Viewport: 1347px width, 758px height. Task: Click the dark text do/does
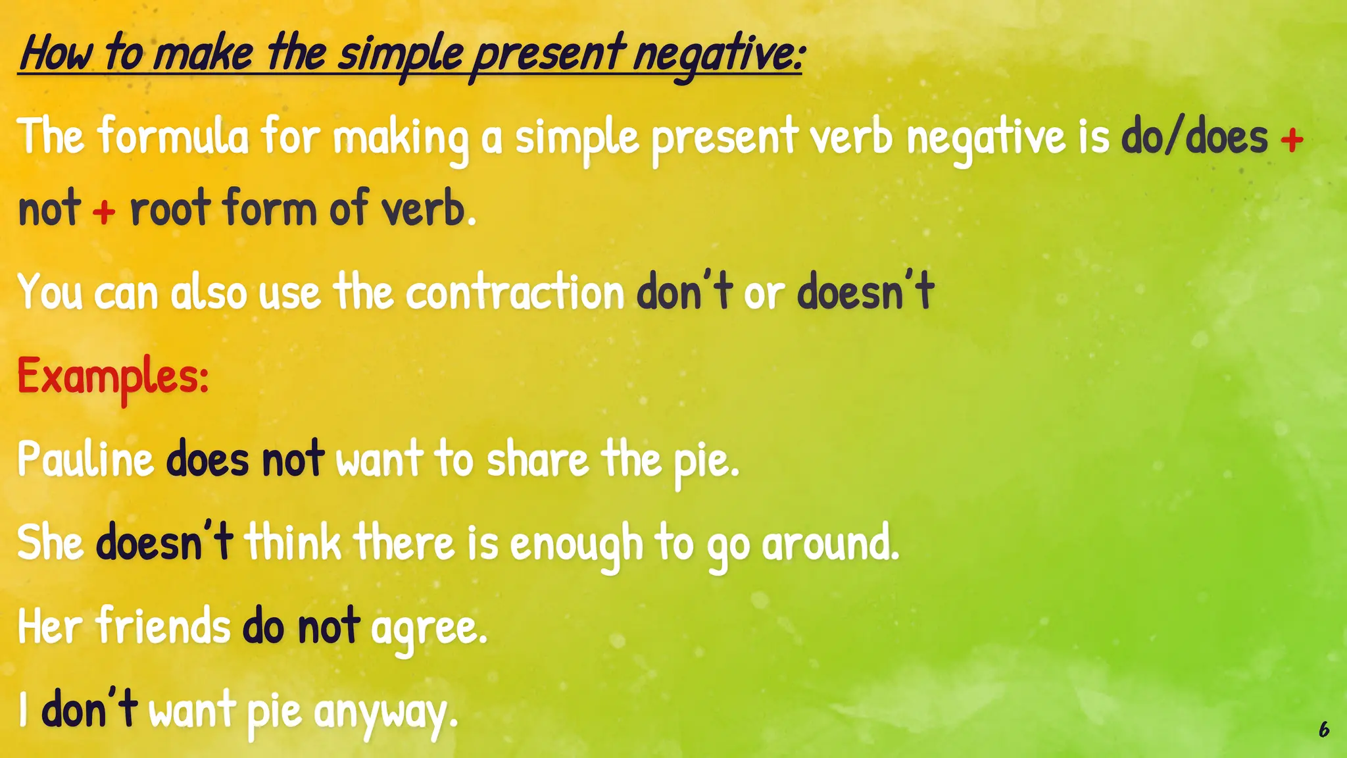(x=1194, y=137)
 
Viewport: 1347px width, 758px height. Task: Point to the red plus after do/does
(x=1292, y=139)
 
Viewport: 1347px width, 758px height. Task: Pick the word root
(x=170, y=209)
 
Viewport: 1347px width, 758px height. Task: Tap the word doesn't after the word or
(x=865, y=291)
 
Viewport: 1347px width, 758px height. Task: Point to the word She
(x=50, y=543)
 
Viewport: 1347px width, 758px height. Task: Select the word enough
(x=576, y=545)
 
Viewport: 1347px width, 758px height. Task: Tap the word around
(x=830, y=543)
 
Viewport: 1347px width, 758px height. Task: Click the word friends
(x=163, y=626)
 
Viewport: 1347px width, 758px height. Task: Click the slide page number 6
(x=1323, y=729)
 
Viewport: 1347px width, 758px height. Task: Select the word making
(x=401, y=138)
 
